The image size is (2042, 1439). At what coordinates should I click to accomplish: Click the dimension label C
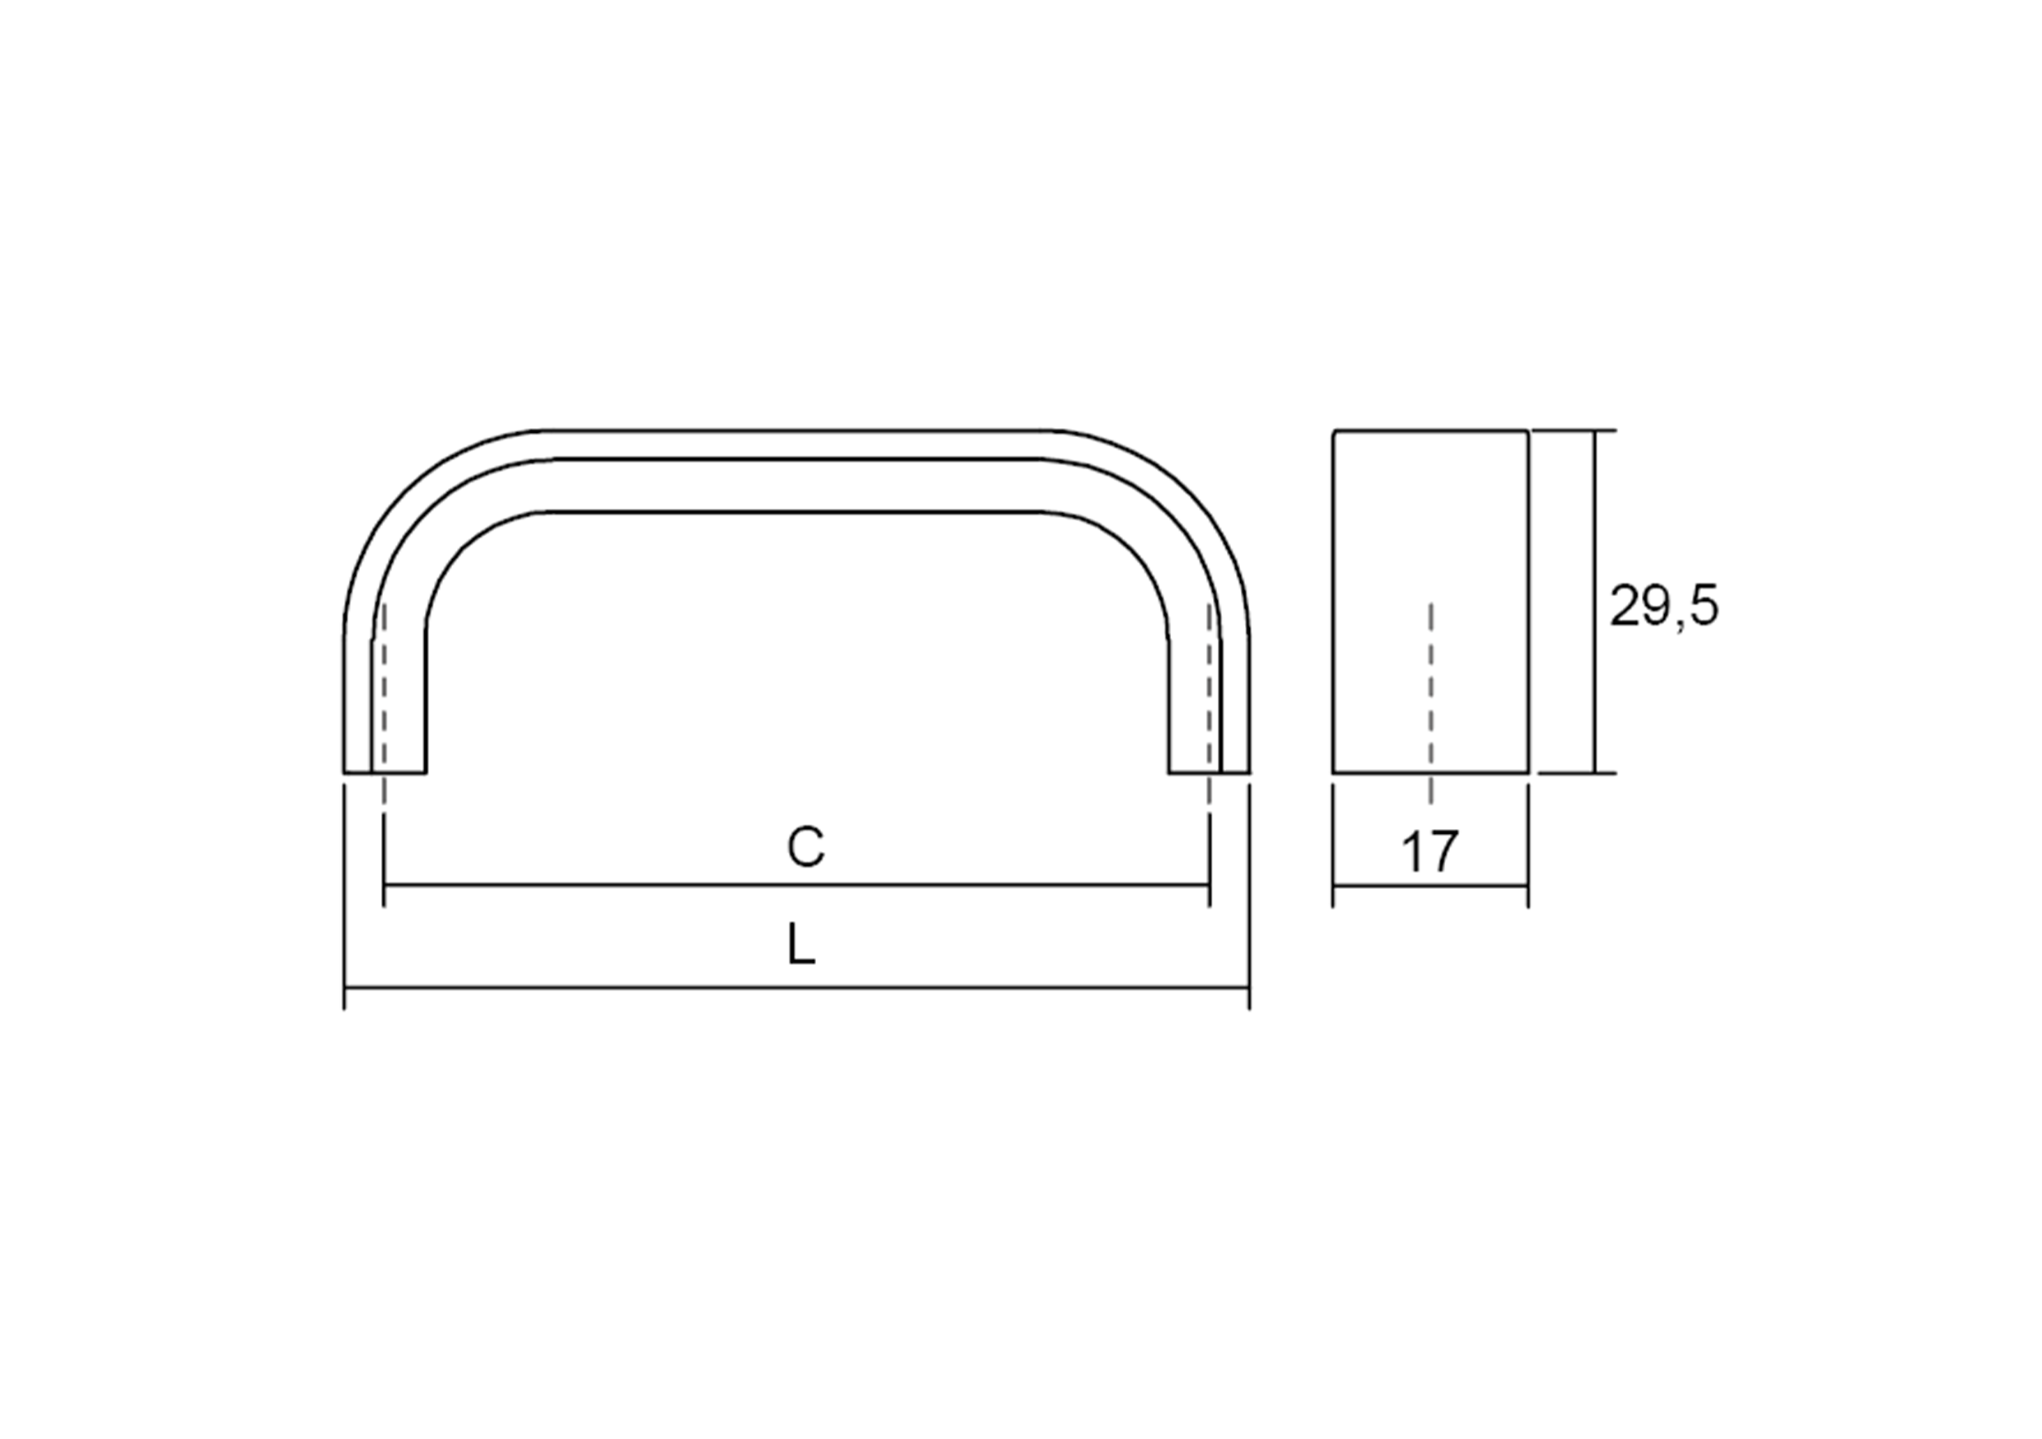[805, 848]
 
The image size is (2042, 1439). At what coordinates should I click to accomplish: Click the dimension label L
[800, 945]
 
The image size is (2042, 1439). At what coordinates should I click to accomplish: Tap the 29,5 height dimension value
[1664, 608]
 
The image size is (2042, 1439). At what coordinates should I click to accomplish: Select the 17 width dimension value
[1430, 851]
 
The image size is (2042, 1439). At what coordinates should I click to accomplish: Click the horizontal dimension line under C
[796, 886]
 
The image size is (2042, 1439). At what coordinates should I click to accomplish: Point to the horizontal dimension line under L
[796, 987]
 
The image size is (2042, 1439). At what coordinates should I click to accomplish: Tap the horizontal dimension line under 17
[1430, 886]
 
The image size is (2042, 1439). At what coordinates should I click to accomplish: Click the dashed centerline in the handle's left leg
[385, 685]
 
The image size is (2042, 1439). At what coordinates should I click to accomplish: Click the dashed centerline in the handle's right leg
[1209, 685]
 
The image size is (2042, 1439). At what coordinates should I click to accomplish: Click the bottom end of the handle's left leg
[385, 771]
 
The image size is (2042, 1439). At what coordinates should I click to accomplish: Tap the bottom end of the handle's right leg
[1209, 771]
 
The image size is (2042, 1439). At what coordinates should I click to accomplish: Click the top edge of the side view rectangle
[1430, 431]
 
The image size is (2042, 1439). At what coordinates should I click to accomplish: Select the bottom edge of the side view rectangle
[1430, 772]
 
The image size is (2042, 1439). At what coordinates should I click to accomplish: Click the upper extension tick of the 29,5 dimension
[1574, 431]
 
